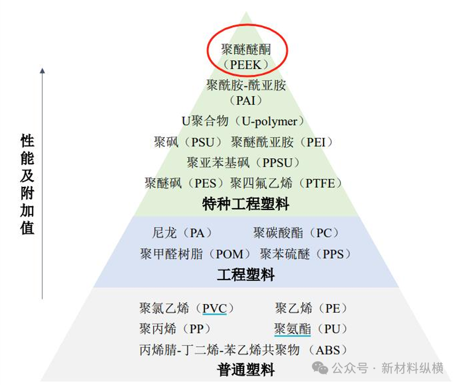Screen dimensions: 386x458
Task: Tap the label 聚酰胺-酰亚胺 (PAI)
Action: (x=246, y=92)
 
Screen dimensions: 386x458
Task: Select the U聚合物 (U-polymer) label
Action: (x=243, y=121)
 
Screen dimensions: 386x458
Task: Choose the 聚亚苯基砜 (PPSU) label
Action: (x=244, y=162)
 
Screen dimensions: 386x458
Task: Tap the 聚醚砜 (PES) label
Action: (x=184, y=183)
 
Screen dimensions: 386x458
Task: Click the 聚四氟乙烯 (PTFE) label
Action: (x=286, y=183)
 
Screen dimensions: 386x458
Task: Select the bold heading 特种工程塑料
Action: (x=246, y=204)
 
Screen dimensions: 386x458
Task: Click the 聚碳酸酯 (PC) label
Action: (x=296, y=233)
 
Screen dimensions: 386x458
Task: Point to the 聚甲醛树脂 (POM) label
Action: (x=195, y=254)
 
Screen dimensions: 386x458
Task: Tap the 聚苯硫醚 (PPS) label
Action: (x=305, y=254)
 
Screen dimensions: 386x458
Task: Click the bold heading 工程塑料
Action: (x=246, y=274)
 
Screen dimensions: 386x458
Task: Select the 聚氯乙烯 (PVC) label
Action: (x=187, y=308)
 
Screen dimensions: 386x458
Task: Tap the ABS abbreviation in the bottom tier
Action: (x=328, y=350)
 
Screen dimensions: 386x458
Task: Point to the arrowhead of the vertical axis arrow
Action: (x=42, y=71)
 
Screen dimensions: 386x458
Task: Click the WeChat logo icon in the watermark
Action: (x=320, y=368)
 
